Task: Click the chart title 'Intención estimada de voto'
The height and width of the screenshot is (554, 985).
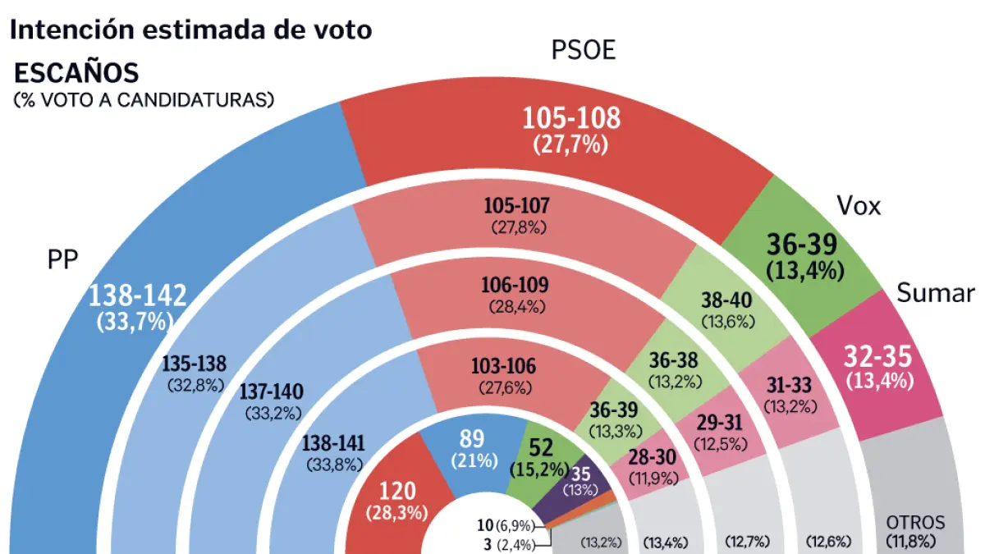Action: (190, 30)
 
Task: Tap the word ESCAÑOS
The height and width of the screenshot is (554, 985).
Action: (76, 73)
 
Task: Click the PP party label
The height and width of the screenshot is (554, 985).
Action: (62, 260)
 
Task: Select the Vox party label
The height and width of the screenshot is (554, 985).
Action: (858, 205)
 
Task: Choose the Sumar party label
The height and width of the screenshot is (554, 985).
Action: (936, 293)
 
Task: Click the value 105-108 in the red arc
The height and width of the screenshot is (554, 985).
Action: (571, 119)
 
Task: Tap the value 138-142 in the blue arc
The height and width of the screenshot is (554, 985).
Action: (138, 295)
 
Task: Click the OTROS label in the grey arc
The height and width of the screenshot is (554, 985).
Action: (915, 522)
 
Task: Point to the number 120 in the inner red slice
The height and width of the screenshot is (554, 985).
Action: (398, 491)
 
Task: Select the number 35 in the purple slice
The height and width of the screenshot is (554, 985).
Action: (580, 473)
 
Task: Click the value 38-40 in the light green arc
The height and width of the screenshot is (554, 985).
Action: (728, 300)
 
